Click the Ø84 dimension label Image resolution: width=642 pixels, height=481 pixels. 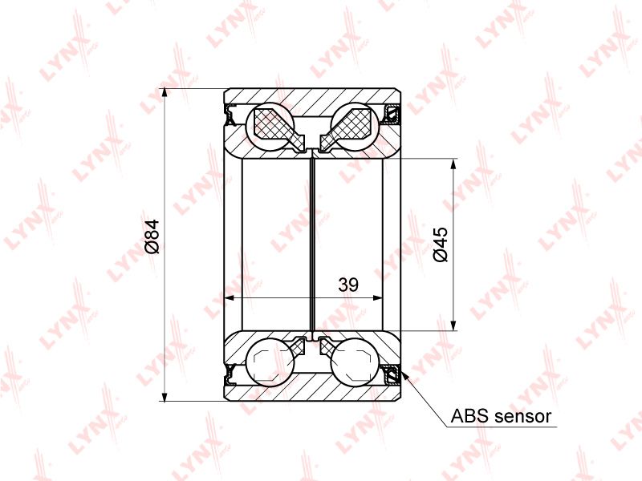[x=152, y=236]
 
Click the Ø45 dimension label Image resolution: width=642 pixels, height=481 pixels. [x=441, y=245]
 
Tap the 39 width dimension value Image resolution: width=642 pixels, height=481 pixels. [x=348, y=285]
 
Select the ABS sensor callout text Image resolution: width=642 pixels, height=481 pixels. [x=501, y=416]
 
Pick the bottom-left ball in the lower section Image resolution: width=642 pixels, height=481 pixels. [x=270, y=362]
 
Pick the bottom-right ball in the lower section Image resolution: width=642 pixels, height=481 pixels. [x=356, y=362]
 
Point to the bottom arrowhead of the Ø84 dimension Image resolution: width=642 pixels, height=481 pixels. [x=165, y=396]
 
